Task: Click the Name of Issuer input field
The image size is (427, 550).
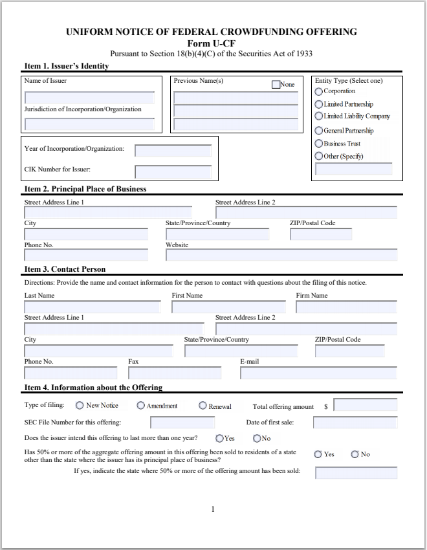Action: click(x=89, y=98)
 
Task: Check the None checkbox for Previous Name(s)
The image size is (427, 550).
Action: click(x=276, y=84)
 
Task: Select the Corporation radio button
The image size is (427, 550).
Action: click(x=318, y=91)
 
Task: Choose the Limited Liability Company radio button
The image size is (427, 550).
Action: click(x=318, y=116)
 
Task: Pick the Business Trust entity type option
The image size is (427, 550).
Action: click(x=318, y=144)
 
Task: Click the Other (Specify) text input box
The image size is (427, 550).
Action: click(x=353, y=169)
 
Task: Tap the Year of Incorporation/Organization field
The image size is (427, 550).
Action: click(x=173, y=150)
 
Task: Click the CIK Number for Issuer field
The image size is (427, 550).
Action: click(x=173, y=171)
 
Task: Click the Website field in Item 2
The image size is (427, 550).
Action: click(x=281, y=255)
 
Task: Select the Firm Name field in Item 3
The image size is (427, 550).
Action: click(x=346, y=307)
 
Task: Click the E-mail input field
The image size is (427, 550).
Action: click(x=318, y=373)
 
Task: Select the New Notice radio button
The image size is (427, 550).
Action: click(x=80, y=406)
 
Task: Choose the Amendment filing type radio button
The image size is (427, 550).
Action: click(x=140, y=406)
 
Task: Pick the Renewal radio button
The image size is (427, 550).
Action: click(x=203, y=406)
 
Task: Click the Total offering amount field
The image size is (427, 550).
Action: click(x=365, y=406)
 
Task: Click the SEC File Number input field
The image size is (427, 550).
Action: click(x=182, y=423)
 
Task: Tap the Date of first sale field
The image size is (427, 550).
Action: click(x=355, y=423)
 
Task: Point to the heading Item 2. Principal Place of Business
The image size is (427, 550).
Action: click(x=85, y=189)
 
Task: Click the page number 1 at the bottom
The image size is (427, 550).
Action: click(x=213, y=509)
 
